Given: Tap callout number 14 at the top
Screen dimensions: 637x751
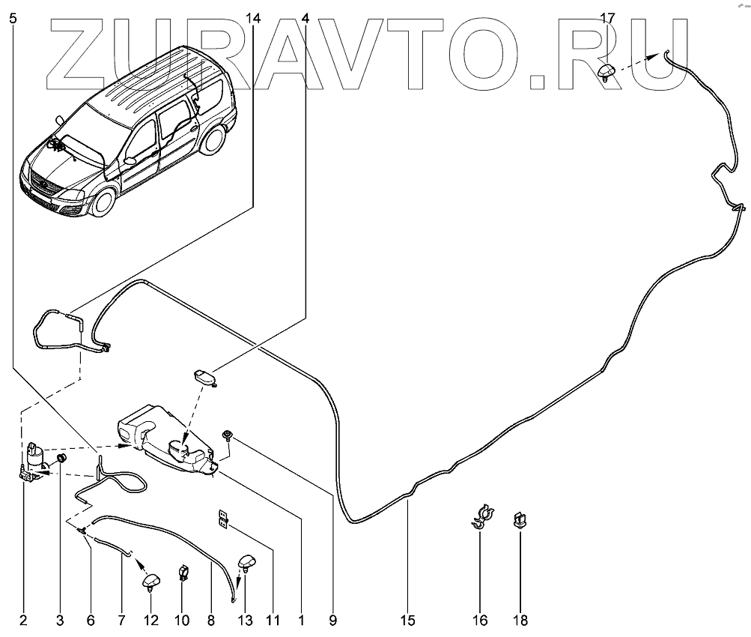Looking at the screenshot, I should [253, 17].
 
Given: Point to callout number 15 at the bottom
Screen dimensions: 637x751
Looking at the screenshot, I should [407, 621].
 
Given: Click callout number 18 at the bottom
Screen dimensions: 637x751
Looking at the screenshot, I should [520, 621].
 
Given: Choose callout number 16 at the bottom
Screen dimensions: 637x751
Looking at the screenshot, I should [479, 621].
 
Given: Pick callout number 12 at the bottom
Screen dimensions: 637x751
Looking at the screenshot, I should [152, 621].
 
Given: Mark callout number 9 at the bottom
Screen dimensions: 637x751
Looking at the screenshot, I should [332, 621].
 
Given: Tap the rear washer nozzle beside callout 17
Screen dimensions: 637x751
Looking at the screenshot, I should [607, 73].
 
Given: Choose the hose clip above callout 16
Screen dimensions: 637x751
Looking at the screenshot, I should [480, 516].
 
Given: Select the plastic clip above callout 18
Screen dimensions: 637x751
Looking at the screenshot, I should [519, 519].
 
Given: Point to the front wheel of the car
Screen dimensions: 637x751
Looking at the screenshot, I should [105, 201].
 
